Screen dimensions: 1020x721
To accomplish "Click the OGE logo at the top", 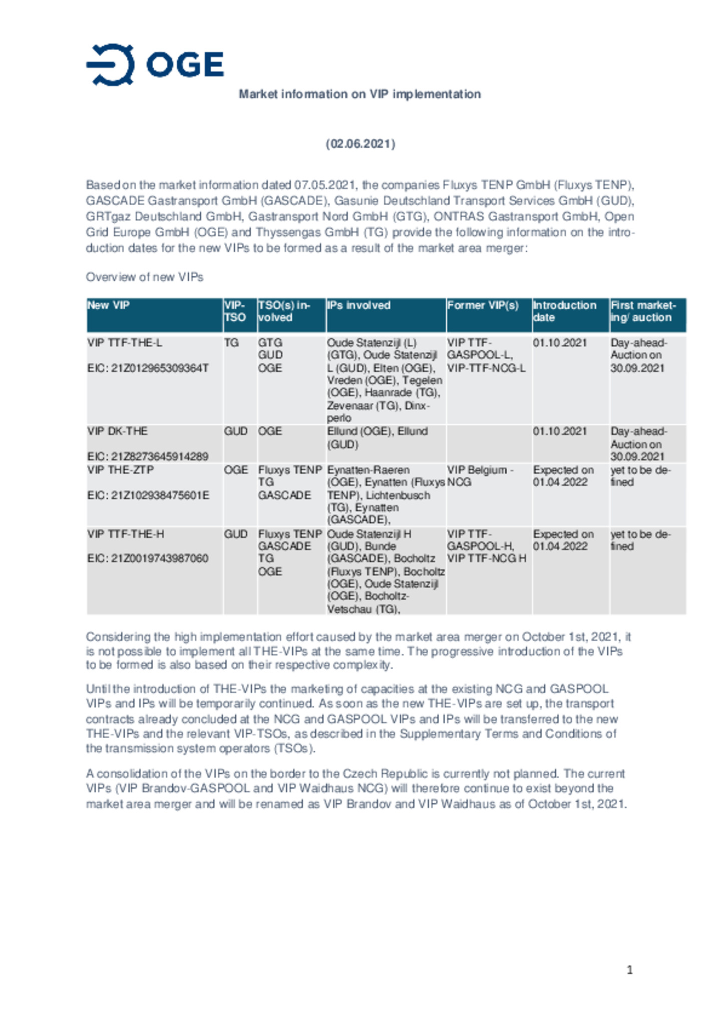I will (x=155, y=65).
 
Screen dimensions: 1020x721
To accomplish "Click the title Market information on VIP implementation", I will (x=359, y=94).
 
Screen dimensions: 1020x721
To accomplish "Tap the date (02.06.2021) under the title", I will (x=360, y=144).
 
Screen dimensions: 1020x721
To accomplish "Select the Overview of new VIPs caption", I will (x=144, y=277).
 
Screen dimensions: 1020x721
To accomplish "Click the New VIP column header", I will (x=109, y=305).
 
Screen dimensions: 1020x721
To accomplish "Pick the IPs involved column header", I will (x=358, y=305).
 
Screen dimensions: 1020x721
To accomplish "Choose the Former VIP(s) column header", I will (x=483, y=305).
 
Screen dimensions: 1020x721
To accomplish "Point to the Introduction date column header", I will (x=564, y=311).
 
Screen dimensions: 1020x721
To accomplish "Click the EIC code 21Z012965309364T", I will (x=148, y=368).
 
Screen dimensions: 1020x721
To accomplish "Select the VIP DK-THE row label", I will (x=117, y=431).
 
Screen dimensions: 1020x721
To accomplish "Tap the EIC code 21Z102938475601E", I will (x=148, y=495).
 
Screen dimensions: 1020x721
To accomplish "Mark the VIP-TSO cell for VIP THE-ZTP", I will (x=236, y=470).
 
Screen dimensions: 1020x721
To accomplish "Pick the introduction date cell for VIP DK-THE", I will (x=560, y=431).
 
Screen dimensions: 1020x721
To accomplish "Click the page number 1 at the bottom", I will (x=629, y=970).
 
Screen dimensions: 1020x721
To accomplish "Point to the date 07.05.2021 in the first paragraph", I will (x=325, y=185).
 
